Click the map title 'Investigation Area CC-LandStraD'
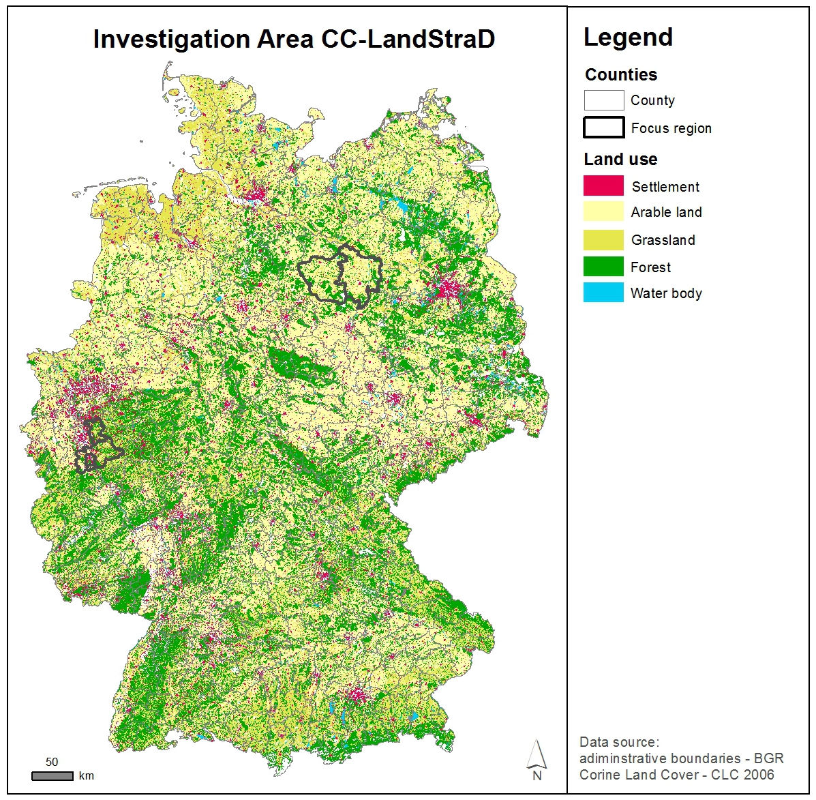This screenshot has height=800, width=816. point(294,40)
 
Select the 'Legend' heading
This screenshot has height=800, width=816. point(628,38)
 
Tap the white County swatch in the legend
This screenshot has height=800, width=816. point(603,100)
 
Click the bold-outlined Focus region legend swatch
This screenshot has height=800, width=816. point(603,128)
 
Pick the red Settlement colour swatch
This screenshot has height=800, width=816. point(603,186)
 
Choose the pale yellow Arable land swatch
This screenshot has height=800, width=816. point(603,211)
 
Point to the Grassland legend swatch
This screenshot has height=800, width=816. point(603,239)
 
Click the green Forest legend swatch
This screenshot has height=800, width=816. point(603,267)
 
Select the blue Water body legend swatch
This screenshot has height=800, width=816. point(603,293)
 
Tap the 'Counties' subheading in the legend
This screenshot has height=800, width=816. point(621,74)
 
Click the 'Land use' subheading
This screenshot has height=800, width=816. point(620,160)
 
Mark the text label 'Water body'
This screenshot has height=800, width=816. point(666,293)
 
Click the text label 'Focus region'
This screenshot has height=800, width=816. point(671,128)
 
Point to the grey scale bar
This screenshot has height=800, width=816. point(52,776)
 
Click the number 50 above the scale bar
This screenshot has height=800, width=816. point(52,762)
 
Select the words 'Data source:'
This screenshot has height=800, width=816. point(619,742)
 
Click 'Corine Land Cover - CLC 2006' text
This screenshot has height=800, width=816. point(676,775)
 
